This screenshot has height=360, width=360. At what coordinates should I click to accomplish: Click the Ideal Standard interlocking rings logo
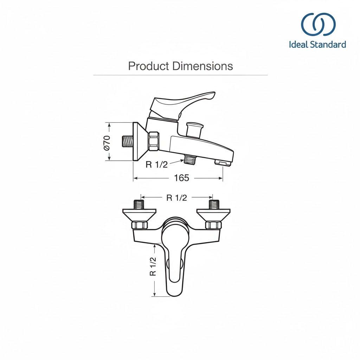click(318, 24)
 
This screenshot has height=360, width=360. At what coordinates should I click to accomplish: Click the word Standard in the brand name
click(328, 44)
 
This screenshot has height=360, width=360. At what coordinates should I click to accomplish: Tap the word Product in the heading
click(149, 66)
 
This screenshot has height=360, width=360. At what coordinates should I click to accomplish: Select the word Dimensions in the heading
click(202, 66)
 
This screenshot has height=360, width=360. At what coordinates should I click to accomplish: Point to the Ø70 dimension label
click(107, 143)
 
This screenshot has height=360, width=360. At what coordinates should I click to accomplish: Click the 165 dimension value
click(181, 178)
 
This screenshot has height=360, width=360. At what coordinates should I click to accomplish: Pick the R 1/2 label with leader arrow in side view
click(156, 165)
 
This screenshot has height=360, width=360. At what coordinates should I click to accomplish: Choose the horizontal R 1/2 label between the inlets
click(176, 198)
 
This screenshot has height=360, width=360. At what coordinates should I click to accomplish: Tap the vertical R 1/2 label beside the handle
click(153, 266)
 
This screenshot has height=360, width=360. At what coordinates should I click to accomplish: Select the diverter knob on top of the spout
click(194, 130)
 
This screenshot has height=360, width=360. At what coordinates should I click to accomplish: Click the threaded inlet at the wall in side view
click(127, 141)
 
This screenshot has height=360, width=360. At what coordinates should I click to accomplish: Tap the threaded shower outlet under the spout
click(189, 159)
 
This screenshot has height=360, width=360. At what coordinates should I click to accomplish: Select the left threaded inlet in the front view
click(139, 204)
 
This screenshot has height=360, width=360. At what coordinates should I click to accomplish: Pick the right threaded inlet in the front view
click(214, 204)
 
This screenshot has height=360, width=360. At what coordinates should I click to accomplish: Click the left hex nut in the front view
click(139, 225)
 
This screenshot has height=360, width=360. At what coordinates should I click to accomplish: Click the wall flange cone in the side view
click(139, 141)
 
